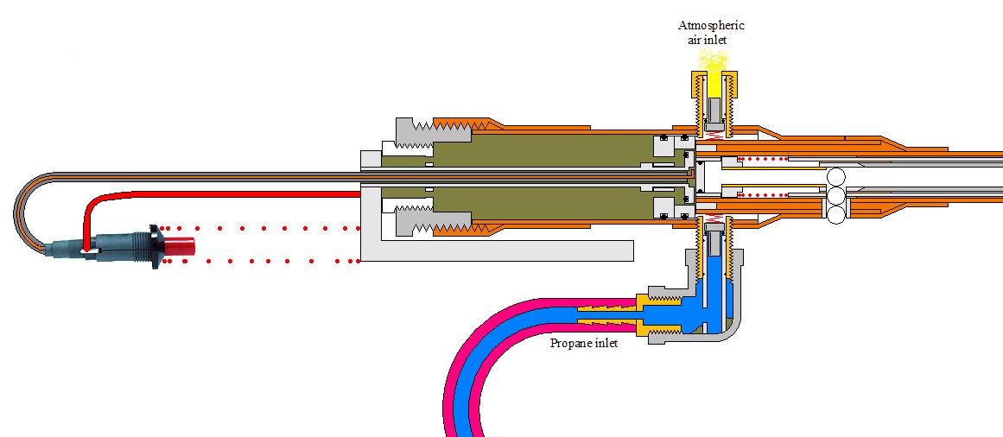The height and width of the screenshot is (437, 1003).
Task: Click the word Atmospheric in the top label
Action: click(711, 25)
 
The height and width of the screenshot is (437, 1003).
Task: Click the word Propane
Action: click(570, 343)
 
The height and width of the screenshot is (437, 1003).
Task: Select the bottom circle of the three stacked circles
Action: click(836, 216)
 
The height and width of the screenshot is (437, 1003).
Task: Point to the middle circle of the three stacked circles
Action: click(836, 197)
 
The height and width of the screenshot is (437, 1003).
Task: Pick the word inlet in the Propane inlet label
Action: click(604, 343)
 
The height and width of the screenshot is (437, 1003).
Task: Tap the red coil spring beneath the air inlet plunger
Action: click(714, 136)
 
